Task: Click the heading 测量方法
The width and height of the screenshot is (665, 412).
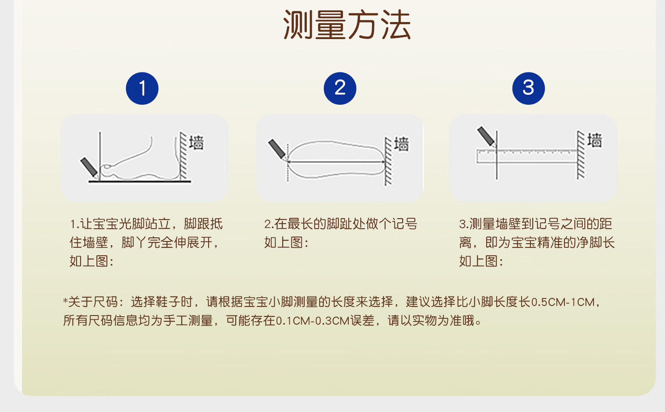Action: [347, 25]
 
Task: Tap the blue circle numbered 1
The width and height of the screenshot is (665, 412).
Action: [142, 88]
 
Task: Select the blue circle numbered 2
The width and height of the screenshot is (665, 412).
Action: [340, 88]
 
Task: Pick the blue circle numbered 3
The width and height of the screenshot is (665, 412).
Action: [528, 88]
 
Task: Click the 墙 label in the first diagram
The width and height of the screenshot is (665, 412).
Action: [197, 143]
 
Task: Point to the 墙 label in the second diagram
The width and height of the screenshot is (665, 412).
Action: [401, 144]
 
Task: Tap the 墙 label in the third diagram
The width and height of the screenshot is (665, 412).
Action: [595, 140]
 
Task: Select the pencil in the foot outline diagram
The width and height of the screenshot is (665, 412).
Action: [277, 149]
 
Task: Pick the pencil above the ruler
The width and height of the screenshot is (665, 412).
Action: [486, 136]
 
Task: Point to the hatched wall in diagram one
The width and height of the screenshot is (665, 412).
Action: [183, 156]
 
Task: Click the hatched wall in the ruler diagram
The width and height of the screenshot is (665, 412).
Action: [581, 155]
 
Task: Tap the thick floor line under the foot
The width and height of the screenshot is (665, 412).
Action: [140, 181]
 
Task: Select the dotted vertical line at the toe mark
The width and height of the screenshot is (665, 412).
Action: [287, 163]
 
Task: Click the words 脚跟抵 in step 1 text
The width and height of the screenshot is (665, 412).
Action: [203, 224]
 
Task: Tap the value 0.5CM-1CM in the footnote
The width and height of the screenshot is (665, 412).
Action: [563, 302]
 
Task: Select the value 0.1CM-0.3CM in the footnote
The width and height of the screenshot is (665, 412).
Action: [313, 321]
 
